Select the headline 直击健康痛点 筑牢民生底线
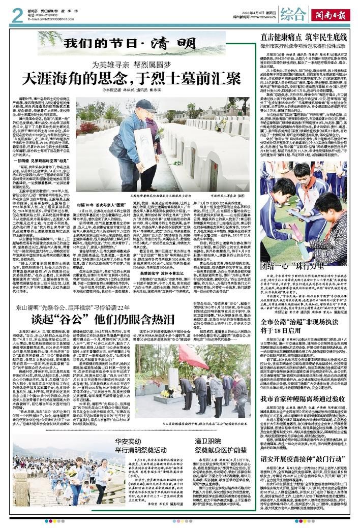(304, 37)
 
